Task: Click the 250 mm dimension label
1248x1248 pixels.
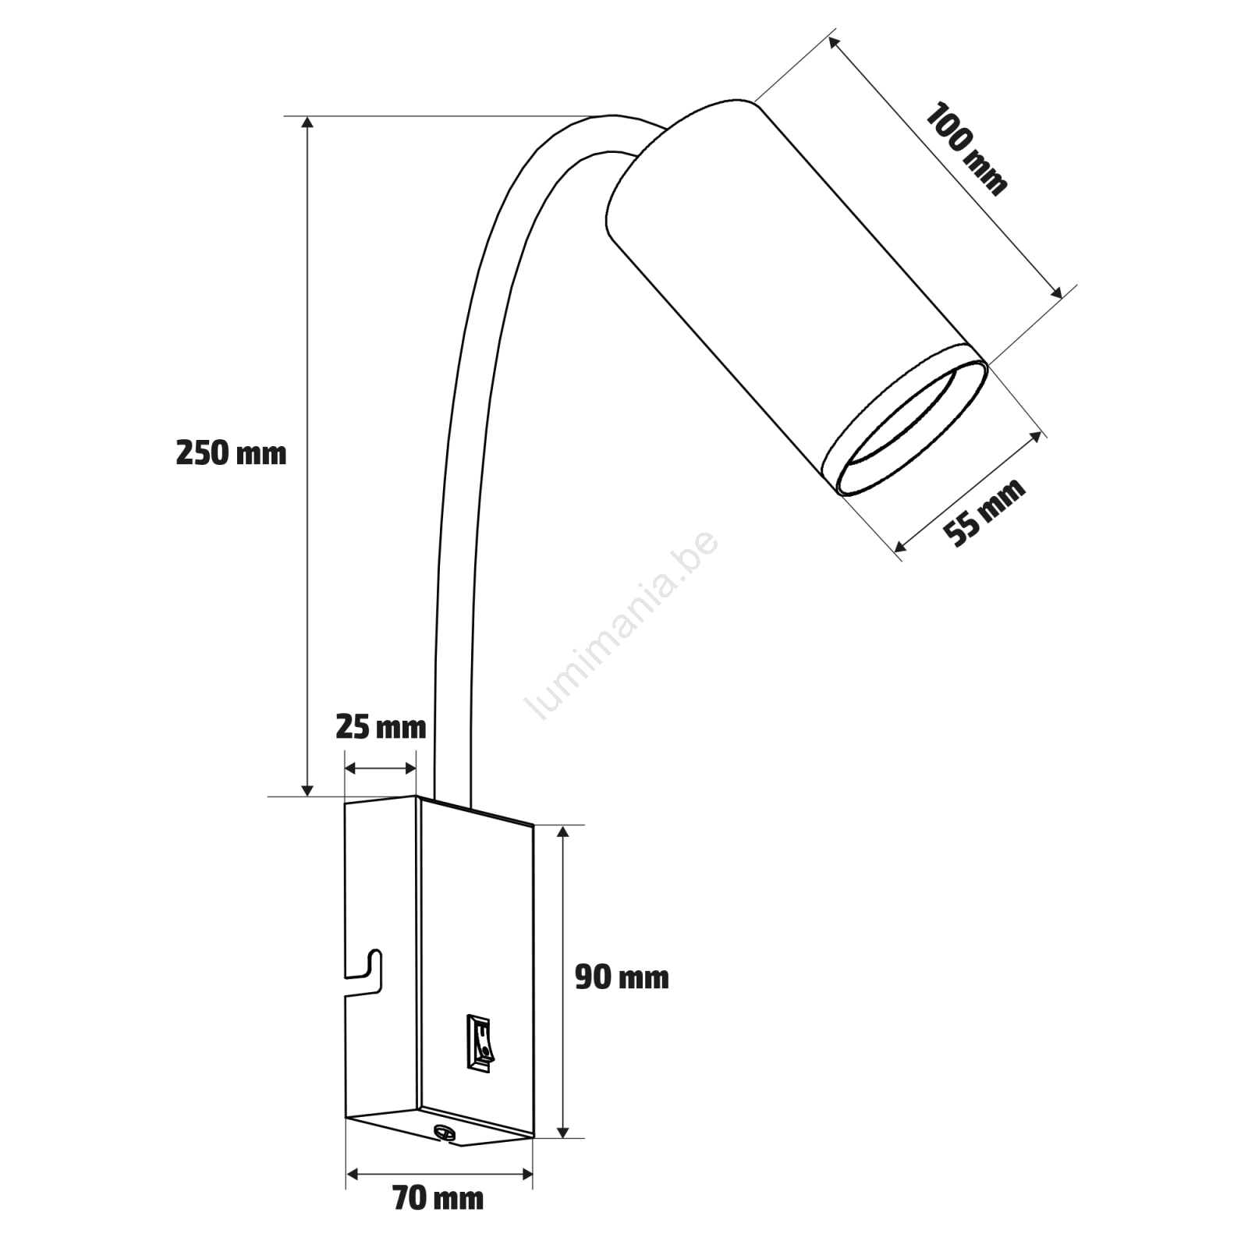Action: [x=231, y=453]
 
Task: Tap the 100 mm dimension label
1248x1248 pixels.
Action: [x=966, y=148]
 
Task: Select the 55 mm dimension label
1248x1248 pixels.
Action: [x=984, y=512]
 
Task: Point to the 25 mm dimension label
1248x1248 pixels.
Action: [x=381, y=727]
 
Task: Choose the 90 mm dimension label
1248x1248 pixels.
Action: [x=622, y=977]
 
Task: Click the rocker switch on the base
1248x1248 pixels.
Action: [x=480, y=1041]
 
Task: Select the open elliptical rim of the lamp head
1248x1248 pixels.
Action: [x=905, y=429]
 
